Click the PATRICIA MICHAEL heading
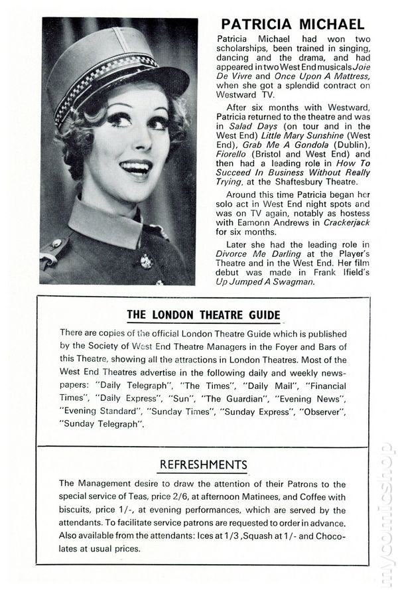(x=293, y=25)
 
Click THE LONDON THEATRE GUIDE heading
(x=203, y=315)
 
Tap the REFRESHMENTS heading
(x=203, y=464)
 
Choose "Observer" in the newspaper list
(x=326, y=410)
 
